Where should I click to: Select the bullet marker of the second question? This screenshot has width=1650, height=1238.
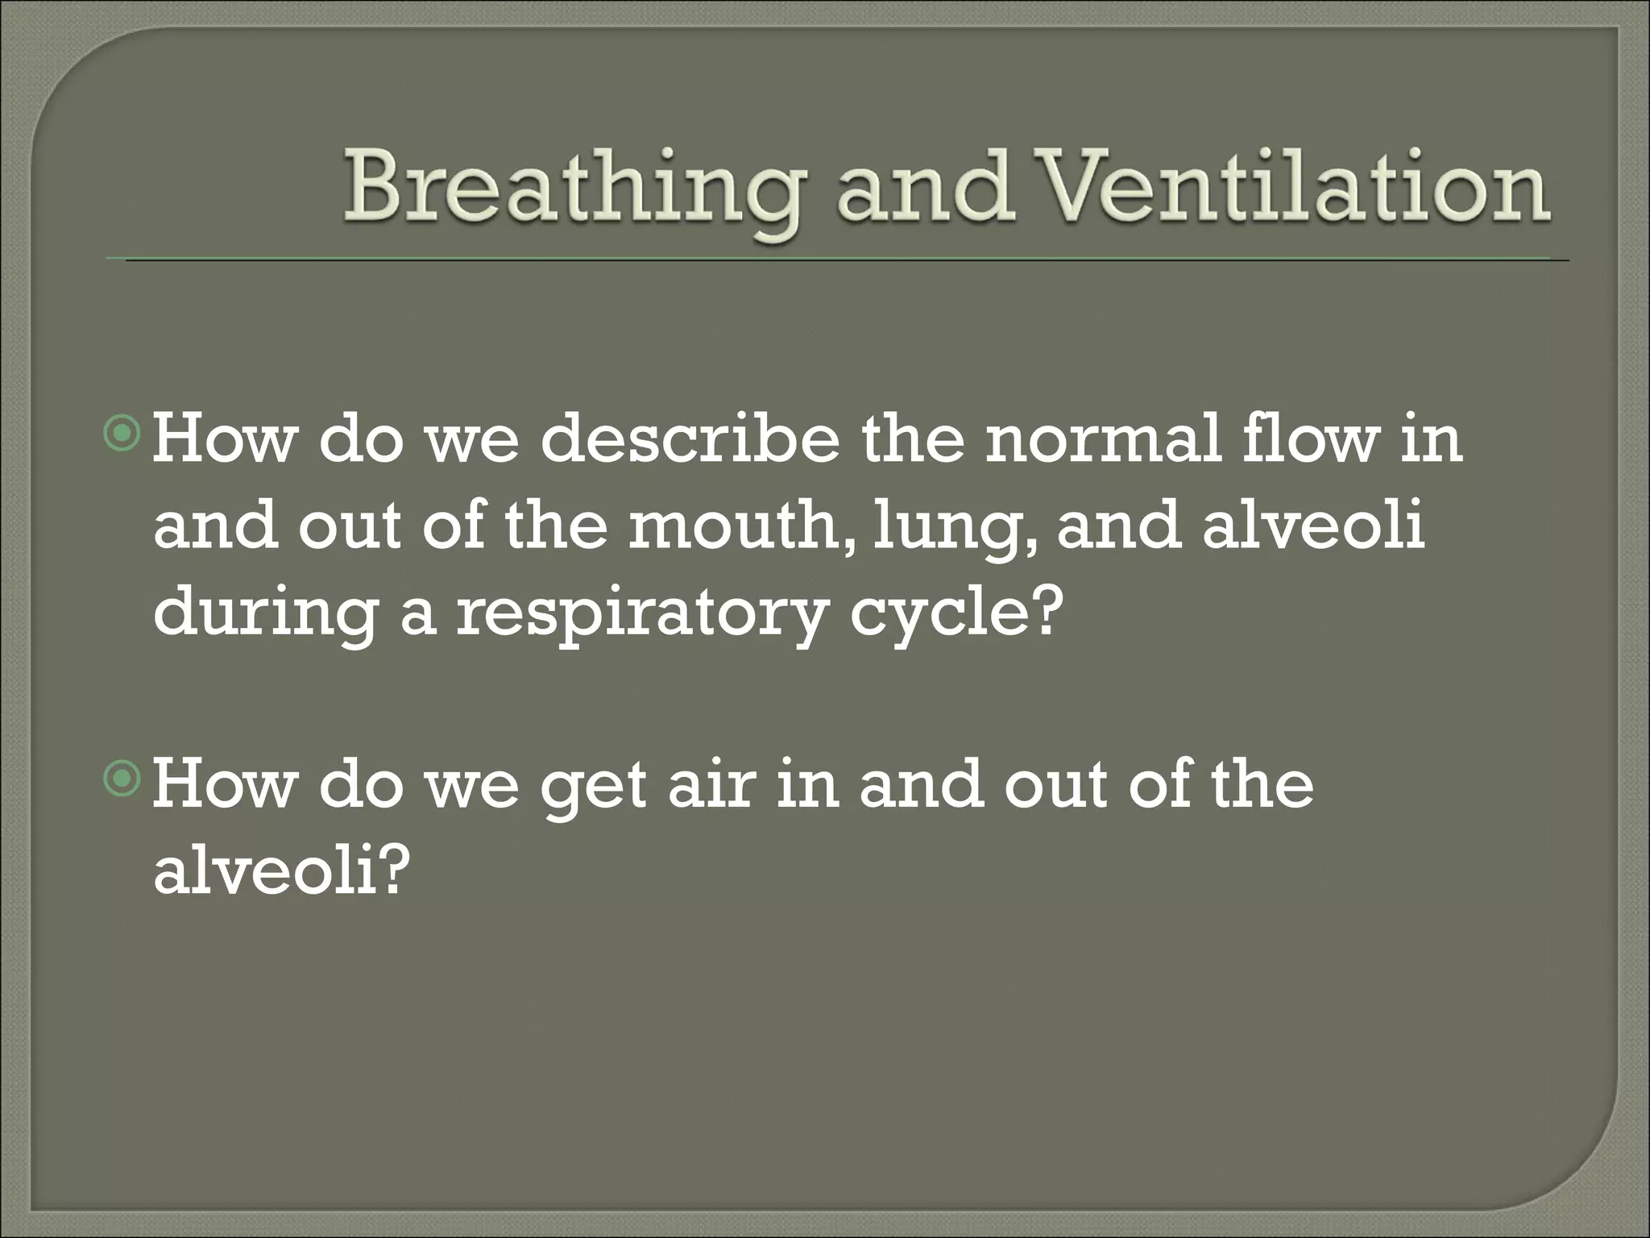click(x=122, y=779)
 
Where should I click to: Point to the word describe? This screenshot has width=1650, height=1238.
click(x=690, y=442)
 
